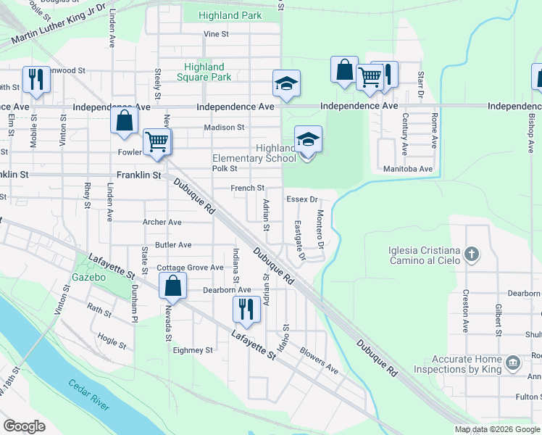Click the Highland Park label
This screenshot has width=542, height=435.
pyautogui.click(x=230, y=15)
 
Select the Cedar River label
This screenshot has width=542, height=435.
pyautogui.click(x=90, y=394)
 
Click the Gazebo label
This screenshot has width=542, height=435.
pyautogui.click(x=89, y=278)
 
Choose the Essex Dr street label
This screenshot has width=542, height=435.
pyautogui.click(x=302, y=199)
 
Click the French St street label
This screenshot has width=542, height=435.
pyautogui.click(x=247, y=188)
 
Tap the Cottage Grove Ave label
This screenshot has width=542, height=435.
pyautogui.click(x=190, y=268)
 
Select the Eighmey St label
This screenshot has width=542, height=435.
pyautogui.click(x=193, y=349)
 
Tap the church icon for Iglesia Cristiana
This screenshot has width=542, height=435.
pyautogui.click(x=472, y=254)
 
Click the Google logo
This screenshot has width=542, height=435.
pyautogui.click(x=24, y=426)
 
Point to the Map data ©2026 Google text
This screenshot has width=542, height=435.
pyautogui.click(x=496, y=429)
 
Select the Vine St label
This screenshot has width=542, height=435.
pyautogui.click(x=216, y=34)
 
